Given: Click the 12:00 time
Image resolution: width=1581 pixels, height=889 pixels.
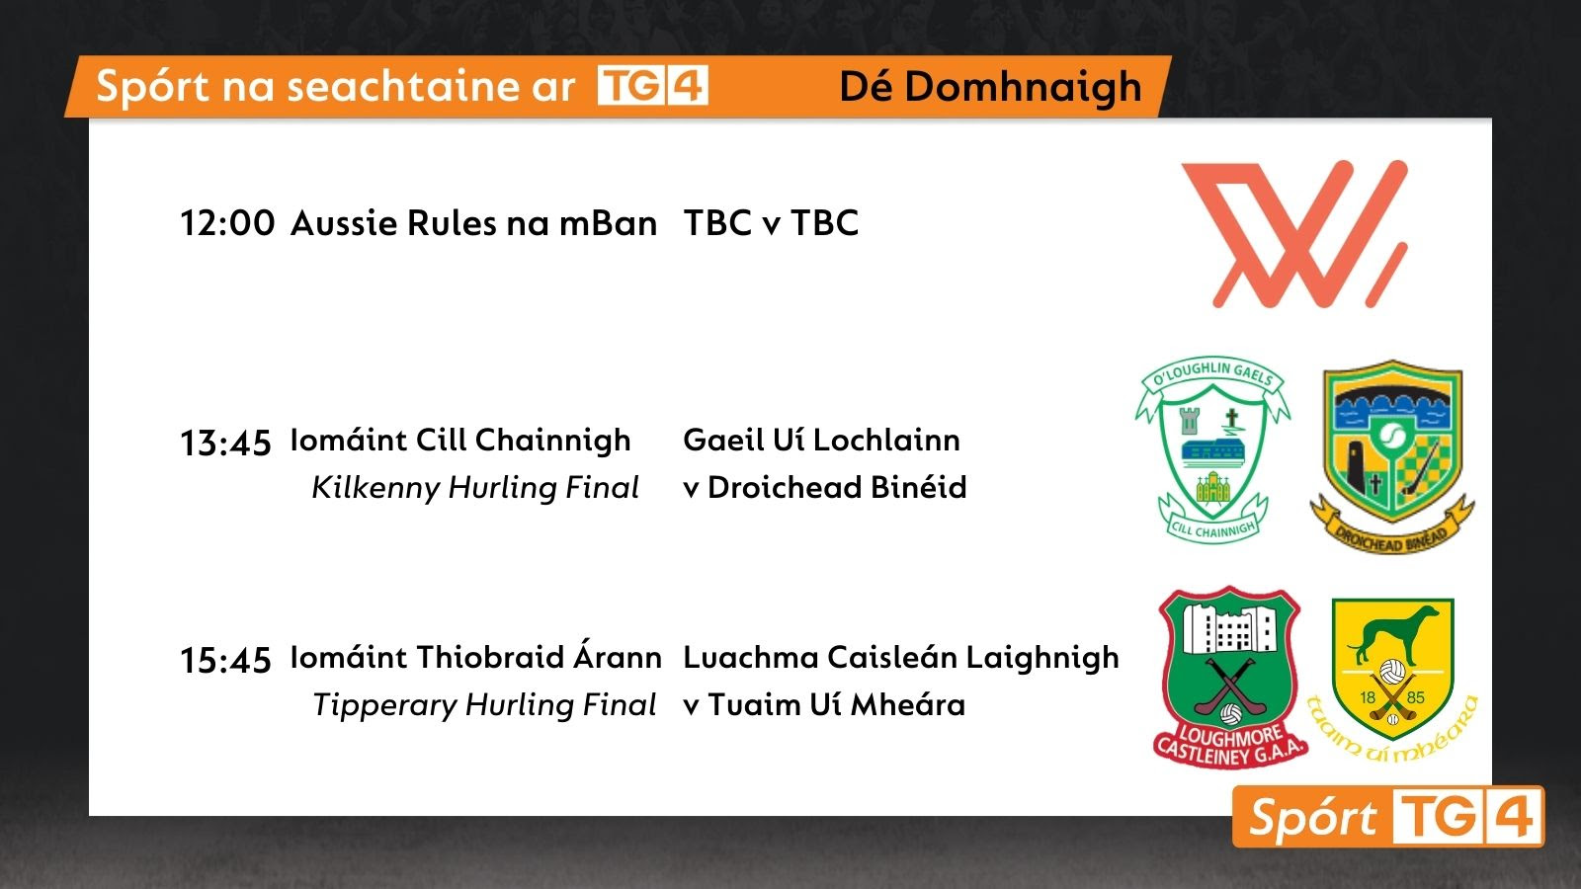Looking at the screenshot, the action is (x=227, y=223).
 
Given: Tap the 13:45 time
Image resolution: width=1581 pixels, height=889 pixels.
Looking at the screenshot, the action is (x=226, y=444).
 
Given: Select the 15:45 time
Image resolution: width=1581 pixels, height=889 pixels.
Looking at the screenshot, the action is (x=226, y=661).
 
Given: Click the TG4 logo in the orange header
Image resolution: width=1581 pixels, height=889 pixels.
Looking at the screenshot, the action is (x=653, y=85).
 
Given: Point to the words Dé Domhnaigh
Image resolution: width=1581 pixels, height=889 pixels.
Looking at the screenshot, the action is (x=990, y=88).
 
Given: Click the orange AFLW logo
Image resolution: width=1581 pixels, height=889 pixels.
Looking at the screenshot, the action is (x=1294, y=234).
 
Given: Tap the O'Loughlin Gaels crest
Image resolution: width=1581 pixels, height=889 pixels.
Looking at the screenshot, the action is (x=1212, y=449).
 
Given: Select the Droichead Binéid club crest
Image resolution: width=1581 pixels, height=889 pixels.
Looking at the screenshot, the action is (x=1392, y=456).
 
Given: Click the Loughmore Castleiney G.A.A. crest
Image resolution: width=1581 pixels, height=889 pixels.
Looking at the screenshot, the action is (x=1230, y=677).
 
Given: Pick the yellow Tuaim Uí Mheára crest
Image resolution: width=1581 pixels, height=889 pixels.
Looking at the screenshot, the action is (x=1392, y=680).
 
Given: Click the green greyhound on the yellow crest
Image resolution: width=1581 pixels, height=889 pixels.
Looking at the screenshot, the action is (x=1392, y=634).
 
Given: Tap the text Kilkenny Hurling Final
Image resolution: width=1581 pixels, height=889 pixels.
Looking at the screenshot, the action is (x=475, y=488).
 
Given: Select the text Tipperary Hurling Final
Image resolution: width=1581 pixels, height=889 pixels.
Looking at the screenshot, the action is (x=484, y=705).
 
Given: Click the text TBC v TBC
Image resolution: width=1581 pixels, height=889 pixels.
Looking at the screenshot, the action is (x=771, y=223).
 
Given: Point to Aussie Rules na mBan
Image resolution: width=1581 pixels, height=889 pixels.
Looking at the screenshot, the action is (x=473, y=223).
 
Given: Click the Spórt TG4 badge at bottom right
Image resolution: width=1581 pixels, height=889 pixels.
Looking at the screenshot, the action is (x=1388, y=816).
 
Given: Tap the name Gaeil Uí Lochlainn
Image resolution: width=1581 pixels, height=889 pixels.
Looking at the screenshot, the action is (x=821, y=441).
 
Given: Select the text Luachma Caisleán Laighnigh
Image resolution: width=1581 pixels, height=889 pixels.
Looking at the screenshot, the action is (x=901, y=658).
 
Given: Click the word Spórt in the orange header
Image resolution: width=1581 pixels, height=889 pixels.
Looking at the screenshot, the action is (x=153, y=88).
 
